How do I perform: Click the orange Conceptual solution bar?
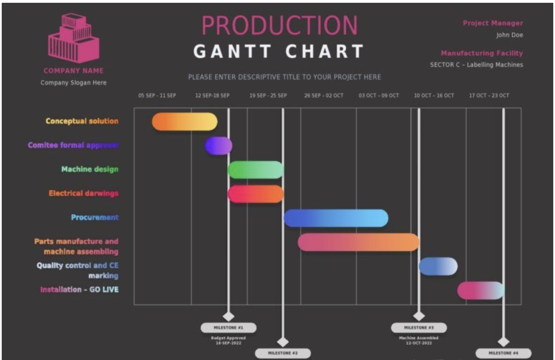point(184,121)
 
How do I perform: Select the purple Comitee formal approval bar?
point(219,145)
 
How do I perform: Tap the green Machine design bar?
point(255,170)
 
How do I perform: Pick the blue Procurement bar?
point(336,218)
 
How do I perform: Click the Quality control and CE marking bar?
point(438,266)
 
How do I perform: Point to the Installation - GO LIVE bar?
point(480,290)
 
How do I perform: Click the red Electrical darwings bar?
point(255,194)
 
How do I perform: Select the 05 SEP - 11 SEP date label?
point(157,96)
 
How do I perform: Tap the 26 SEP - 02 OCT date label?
point(324,96)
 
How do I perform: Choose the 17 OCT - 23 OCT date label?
point(489,96)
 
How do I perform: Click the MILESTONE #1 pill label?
point(228,328)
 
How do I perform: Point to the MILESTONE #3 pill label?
point(419,328)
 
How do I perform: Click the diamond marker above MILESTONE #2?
point(282,342)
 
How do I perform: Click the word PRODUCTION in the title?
point(279,25)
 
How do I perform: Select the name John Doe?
point(509,35)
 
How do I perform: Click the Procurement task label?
point(95,218)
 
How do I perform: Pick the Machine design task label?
point(90,169)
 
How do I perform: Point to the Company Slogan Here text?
point(73,83)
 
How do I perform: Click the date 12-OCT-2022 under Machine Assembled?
point(419,343)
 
